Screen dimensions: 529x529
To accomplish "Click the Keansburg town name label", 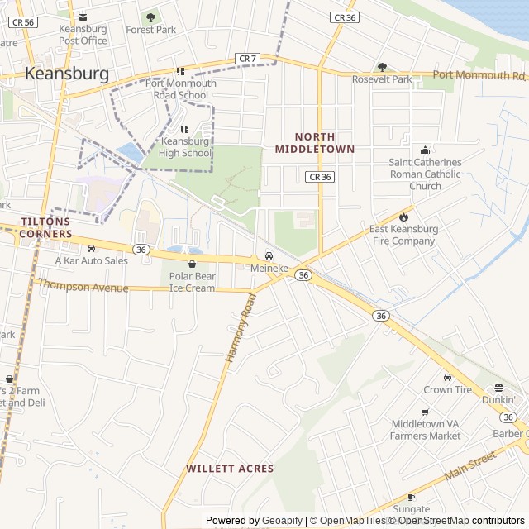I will [x=67, y=74].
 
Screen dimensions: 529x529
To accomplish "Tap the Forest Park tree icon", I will [x=150, y=17].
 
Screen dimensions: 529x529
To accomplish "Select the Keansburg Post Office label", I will [x=83, y=35].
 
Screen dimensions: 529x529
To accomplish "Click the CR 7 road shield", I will [x=247, y=58].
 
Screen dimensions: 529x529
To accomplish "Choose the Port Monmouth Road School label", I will [x=181, y=89].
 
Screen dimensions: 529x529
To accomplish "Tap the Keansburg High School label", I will [x=184, y=147].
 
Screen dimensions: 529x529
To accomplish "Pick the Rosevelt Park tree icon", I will [x=382, y=67].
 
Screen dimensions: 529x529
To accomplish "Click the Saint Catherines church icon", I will [x=426, y=150].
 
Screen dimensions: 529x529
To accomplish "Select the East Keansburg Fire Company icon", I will [x=403, y=217].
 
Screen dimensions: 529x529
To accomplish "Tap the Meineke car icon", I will [x=269, y=256].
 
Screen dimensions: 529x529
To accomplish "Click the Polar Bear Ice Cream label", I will [x=192, y=282].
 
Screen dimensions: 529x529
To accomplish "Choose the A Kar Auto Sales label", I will [x=91, y=260].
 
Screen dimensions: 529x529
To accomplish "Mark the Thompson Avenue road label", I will [x=83, y=286].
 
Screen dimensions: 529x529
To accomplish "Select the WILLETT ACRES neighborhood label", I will [x=230, y=469].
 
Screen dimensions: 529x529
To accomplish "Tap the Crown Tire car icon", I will [x=447, y=377].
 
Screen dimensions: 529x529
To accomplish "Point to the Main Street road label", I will [x=469, y=468].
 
